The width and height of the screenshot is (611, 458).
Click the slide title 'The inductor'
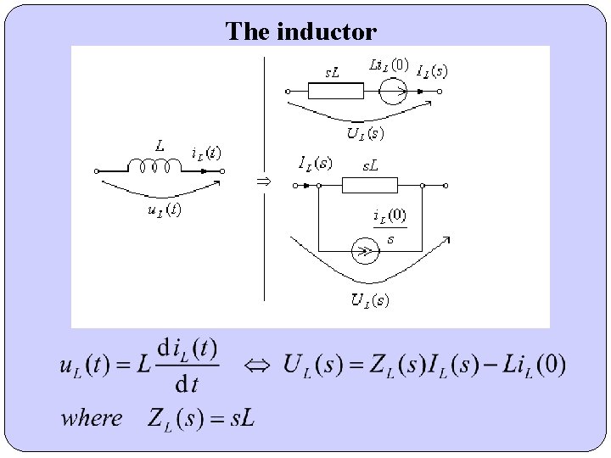[300, 32]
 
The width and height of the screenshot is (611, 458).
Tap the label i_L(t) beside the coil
[206, 154]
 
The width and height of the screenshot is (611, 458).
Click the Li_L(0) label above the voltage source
[390, 65]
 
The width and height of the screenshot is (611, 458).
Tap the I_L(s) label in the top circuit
[433, 71]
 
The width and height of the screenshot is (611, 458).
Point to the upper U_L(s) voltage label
[365, 133]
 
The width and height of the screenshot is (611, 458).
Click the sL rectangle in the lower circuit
[369, 185]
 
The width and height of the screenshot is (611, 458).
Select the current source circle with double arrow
[365, 252]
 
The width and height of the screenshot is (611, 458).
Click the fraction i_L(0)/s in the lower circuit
[390, 227]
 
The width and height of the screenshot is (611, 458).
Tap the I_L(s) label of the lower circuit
[316, 162]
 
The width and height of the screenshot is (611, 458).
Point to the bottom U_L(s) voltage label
[371, 299]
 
